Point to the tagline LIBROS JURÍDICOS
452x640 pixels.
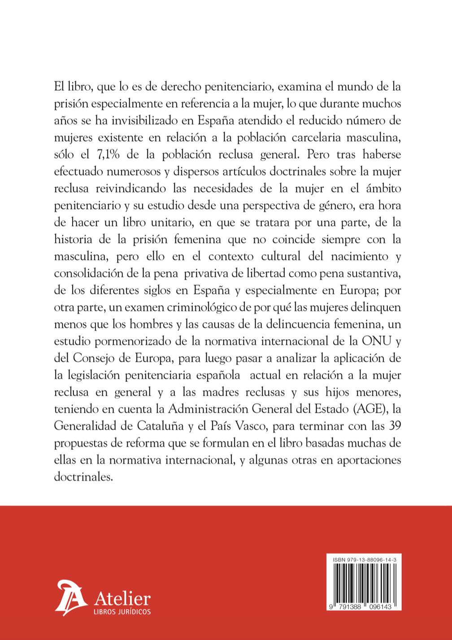pos(122,612)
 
